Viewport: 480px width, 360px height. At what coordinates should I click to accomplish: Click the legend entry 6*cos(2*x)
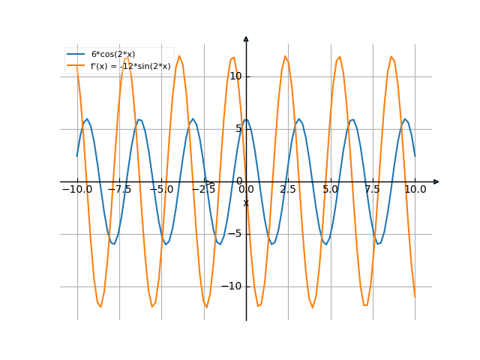coord(113,55)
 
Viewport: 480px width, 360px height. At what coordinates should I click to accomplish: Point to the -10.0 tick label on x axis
coord(77,190)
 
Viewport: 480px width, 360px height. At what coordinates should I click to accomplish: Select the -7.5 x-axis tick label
coord(119,190)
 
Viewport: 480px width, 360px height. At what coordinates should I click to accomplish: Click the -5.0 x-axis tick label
coord(161,190)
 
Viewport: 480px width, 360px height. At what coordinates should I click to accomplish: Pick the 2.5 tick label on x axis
coord(288,190)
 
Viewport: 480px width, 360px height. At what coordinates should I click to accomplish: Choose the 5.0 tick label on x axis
coord(331,190)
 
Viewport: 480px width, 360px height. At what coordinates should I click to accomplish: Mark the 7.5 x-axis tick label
coord(373,190)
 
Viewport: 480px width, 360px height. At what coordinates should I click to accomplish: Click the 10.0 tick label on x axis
coord(415,190)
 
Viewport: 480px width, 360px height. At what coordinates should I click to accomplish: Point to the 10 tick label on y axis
coord(236,76)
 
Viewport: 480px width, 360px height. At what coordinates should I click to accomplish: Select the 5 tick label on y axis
coord(239,129)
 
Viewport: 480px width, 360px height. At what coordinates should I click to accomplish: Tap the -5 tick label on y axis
coord(237,234)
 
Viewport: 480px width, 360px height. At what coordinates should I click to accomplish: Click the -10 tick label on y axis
coord(234,286)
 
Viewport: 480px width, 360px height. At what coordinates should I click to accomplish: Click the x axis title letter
coord(245,202)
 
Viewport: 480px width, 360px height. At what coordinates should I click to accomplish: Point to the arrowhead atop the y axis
coord(246,38)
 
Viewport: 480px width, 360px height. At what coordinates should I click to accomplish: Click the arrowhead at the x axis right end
coord(436,181)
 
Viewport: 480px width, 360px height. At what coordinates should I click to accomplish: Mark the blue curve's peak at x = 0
coord(246,119)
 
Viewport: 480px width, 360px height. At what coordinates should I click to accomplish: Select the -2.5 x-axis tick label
coord(204,190)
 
